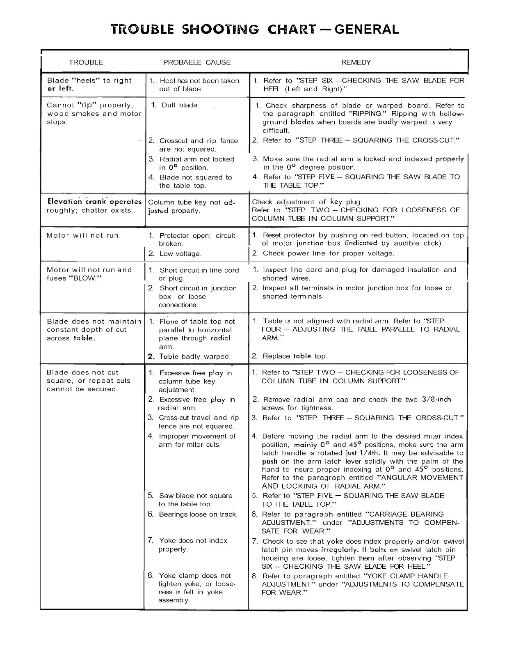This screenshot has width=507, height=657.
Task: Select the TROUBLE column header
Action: pyautogui.click(x=86, y=62)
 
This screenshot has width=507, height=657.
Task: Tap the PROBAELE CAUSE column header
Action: pyautogui.click(x=197, y=62)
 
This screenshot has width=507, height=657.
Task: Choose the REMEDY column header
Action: pyautogui.click(x=356, y=62)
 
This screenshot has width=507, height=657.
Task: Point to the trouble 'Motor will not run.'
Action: pyautogui.click(x=84, y=235)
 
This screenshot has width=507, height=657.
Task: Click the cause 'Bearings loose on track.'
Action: pyautogui.click(x=198, y=514)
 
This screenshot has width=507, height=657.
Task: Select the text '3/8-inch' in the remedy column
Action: pyautogui.click(x=436, y=399)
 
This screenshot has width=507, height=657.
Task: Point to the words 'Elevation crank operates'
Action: pyautogui.click(x=94, y=202)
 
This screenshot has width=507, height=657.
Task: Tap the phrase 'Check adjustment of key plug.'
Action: pyautogui.click(x=307, y=202)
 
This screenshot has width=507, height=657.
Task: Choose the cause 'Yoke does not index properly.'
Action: pyautogui.click(x=193, y=545)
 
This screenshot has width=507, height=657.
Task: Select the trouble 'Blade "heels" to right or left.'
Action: pyautogui.click(x=89, y=84)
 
